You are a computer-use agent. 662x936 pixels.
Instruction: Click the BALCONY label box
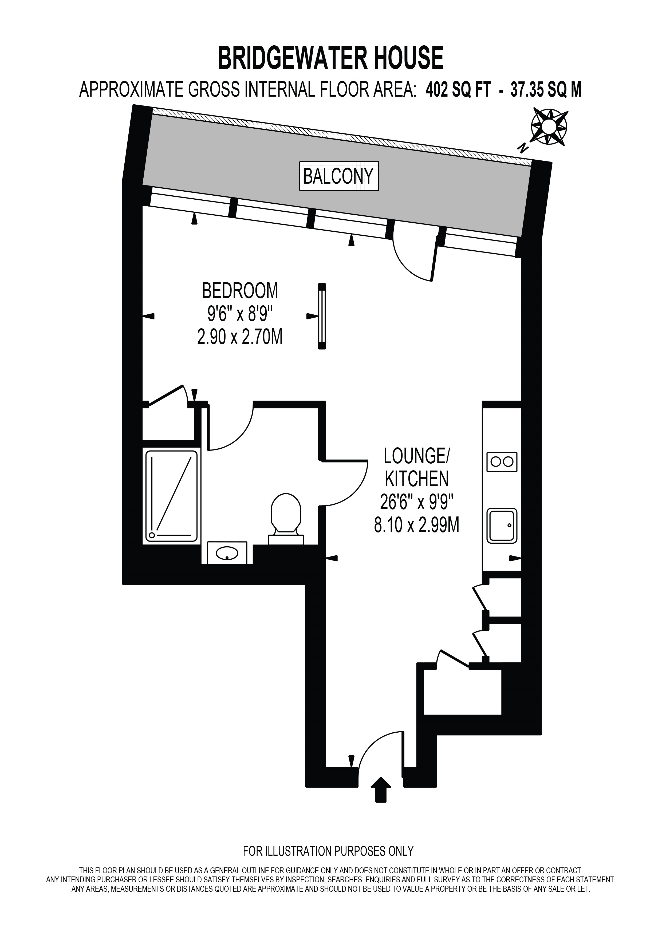click(x=339, y=176)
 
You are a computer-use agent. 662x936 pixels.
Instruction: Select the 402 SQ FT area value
click(x=458, y=89)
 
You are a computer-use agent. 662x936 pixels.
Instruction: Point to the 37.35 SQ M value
click(x=546, y=89)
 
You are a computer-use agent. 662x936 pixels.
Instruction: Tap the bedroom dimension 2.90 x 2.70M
click(x=240, y=338)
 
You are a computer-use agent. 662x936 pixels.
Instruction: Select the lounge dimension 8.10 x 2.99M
click(x=417, y=526)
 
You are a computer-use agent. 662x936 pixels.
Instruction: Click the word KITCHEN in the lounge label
click(x=417, y=479)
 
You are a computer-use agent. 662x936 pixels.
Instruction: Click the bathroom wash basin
click(x=227, y=553)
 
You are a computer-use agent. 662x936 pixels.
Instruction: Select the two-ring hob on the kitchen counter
click(x=502, y=462)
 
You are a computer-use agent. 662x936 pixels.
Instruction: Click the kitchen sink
click(x=502, y=526)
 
